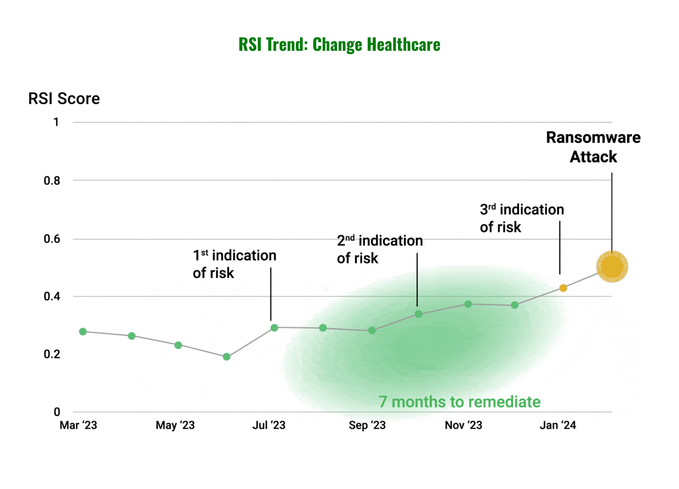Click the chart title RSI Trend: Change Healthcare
(339, 45)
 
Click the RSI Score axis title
(64, 99)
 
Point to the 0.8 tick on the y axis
(52, 181)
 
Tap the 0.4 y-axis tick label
(52, 296)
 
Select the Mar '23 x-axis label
(78, 425)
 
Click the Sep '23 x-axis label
(367, 425)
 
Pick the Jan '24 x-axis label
(558, 425)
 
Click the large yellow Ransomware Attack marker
(612, 266)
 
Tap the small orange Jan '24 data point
(563, 288)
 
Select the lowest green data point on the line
(227, 357)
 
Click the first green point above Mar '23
(83, 332)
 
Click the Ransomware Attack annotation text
(593, 147)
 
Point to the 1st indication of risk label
(234, 264)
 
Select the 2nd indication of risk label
(379, 249)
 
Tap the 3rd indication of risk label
(522, 218)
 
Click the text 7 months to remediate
(459, 402)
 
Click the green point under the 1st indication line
(274, 328)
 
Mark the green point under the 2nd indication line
(419, 314)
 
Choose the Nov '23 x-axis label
(463, 425)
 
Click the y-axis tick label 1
(56, 122)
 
